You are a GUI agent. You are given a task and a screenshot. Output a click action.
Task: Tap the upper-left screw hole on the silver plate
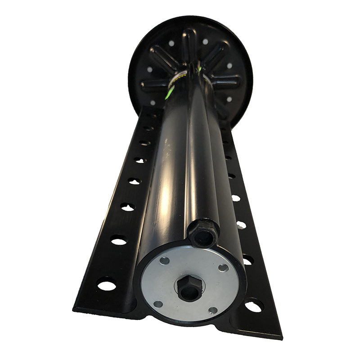coord(165,261)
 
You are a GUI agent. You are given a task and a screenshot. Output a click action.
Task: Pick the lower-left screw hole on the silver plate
coord(158,304)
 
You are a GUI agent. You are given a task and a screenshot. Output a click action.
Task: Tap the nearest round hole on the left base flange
coord(107,284)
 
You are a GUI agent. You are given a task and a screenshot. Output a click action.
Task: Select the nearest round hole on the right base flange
coord(253,306)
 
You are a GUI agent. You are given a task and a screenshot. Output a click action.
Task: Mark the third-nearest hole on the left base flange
coord(128,207)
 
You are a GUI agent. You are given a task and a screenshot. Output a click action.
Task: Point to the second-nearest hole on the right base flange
coord(247,260)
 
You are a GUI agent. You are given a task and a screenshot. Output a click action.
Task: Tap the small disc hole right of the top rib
coord(205,42)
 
